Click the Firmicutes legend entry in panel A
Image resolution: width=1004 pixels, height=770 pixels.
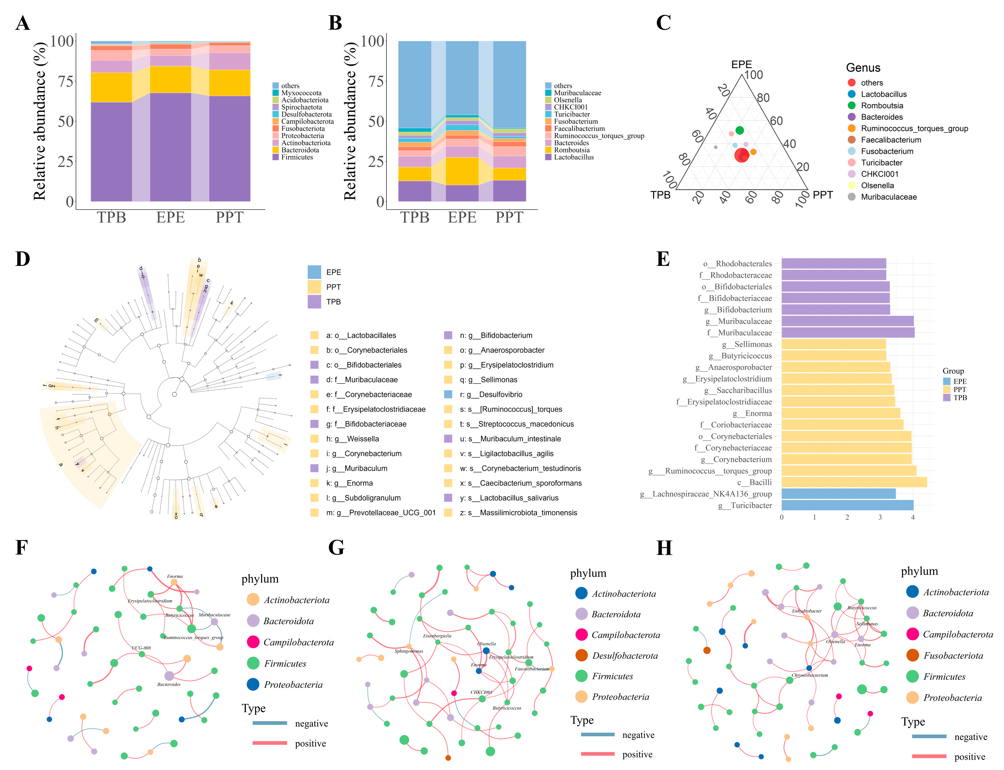click(x=297, y=157)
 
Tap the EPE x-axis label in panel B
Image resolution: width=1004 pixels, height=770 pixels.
click(x=462, y=217)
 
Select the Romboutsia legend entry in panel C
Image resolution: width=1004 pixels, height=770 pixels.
click(x=881, y=106)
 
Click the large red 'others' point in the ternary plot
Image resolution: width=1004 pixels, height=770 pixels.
click(x=741, y=155)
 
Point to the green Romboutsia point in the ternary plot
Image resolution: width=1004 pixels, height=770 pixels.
click(x=739, y=131)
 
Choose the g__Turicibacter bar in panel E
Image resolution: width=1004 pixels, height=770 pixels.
click(x=847, y=505)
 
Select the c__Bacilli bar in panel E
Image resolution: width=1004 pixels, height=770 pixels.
click(x=854, y=482)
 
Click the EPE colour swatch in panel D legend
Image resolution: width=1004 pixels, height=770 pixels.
click(x=314, y=272)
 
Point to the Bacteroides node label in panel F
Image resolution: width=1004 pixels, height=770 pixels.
click(x=169, y=684)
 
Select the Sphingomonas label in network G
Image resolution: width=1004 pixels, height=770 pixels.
click(x=409, y=651)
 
